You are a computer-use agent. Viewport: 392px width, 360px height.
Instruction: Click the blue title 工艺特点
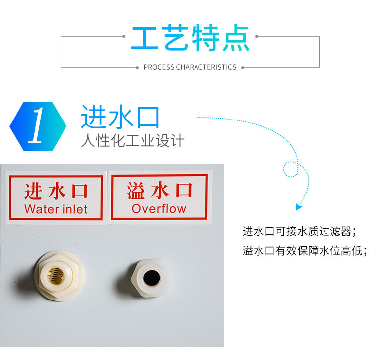point(190,38)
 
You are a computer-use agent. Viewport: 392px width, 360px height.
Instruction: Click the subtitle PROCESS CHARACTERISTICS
point(190,67)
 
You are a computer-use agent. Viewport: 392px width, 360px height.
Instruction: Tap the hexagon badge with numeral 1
point(38,126)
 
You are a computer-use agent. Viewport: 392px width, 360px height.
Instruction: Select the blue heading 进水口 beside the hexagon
point(120,117)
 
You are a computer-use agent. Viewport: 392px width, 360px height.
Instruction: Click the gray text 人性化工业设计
point(133,140)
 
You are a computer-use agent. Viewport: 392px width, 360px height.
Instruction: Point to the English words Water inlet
point(56,209)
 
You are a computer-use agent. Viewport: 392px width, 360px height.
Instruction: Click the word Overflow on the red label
point(159,209)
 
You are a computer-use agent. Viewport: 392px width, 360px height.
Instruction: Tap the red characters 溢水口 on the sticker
point(159,190)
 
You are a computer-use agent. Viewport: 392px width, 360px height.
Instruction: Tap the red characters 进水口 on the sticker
point(56,191)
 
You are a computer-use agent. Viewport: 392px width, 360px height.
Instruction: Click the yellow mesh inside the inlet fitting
point(56,276)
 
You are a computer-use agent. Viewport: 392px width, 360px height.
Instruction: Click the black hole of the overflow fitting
point(152,278)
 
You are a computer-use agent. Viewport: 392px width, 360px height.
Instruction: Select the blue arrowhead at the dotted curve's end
point(299,207)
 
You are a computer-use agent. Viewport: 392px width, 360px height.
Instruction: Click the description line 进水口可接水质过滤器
point(299,231)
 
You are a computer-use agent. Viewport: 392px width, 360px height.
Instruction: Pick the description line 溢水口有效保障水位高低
point(305,251)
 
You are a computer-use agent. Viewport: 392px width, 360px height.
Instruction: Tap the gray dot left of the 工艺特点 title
point(124,36)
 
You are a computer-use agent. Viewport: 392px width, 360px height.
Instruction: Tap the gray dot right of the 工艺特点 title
point(257,36)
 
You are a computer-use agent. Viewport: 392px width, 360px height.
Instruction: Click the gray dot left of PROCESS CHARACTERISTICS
point(137,68)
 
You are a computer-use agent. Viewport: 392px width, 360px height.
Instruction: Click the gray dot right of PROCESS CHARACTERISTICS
point(243,68)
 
